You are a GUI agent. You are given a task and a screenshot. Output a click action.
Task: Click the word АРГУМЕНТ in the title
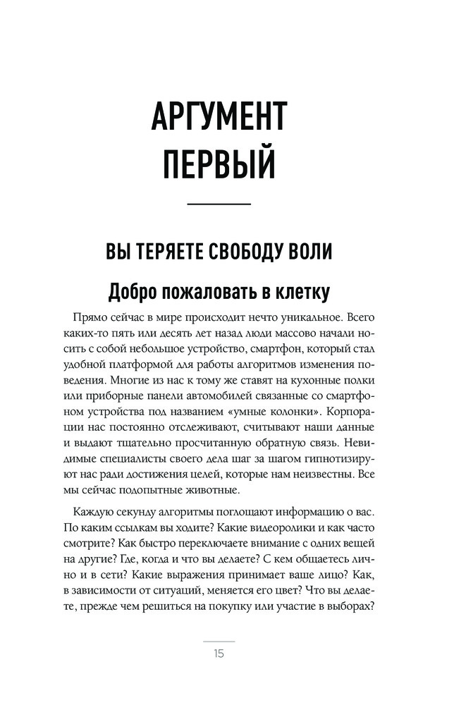pyautogui.click(x=219, y=116)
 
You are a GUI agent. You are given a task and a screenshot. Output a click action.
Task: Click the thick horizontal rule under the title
pyautogui.click(x=219, y=204)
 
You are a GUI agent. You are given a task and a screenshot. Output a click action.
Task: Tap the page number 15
pyautogui.click(x=219, y=654)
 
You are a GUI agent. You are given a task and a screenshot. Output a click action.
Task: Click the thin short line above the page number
pyautogui.click(x=219, y=640)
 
